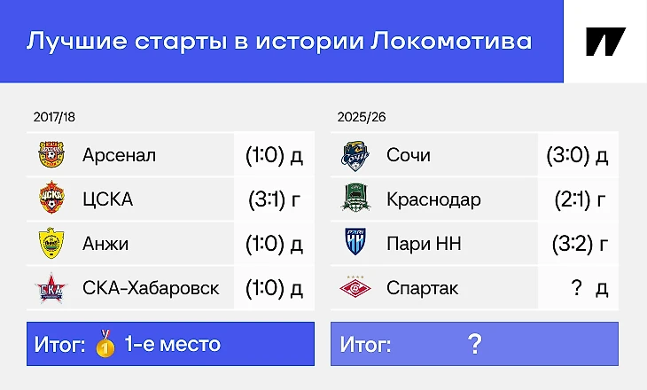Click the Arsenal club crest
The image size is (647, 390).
(51, 155)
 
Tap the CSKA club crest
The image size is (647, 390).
(51, 199)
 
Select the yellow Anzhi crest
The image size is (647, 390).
(51, 243)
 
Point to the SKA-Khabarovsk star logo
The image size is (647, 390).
(51, 288)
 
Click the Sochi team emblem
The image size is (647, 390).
(355, 156)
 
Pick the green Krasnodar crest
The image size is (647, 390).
(355, 198)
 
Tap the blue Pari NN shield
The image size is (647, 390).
(355, 242)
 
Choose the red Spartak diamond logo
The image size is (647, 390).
(355, 287)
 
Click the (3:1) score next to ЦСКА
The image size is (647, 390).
(268, 199)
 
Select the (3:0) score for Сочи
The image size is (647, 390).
(568, 155)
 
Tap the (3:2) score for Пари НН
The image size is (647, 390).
(573, 244)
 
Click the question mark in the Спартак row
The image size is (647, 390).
(576, 287)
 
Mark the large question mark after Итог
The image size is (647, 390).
(475, 344)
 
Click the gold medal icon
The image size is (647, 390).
(105, 343)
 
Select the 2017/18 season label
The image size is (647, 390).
(54, 117)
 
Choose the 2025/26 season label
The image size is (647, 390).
(362, 117)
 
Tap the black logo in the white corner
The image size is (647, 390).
(605, 42)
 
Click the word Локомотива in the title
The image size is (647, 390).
(451, 42)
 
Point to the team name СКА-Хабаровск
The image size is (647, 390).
(151, 288)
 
